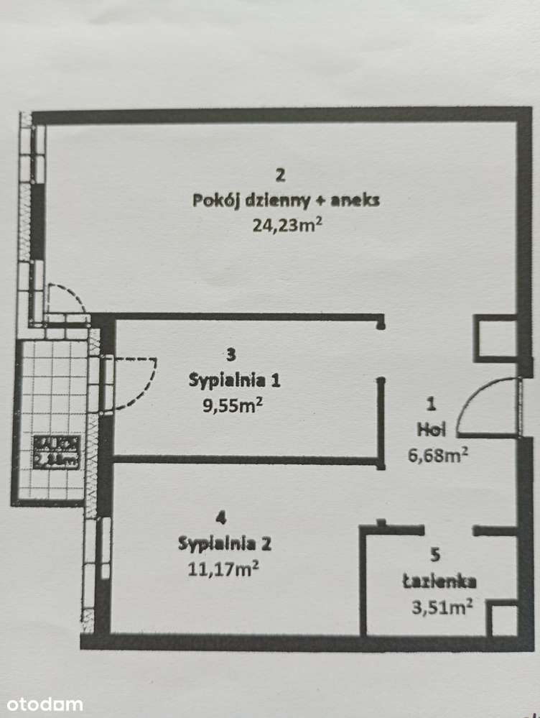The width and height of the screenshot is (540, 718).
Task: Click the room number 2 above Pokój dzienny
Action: (281, 174)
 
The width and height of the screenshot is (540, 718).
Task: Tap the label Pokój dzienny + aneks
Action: (286, 201)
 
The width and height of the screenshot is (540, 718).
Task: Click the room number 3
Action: (230, 354)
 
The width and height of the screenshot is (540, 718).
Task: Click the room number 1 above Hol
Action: (431, 404)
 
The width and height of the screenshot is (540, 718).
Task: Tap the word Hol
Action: (432, 430)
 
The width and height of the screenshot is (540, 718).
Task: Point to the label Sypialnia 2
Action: (225, 543)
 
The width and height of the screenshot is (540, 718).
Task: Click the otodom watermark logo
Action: (42, 704)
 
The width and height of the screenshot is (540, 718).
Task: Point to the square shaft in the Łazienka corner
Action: (503, 620)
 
